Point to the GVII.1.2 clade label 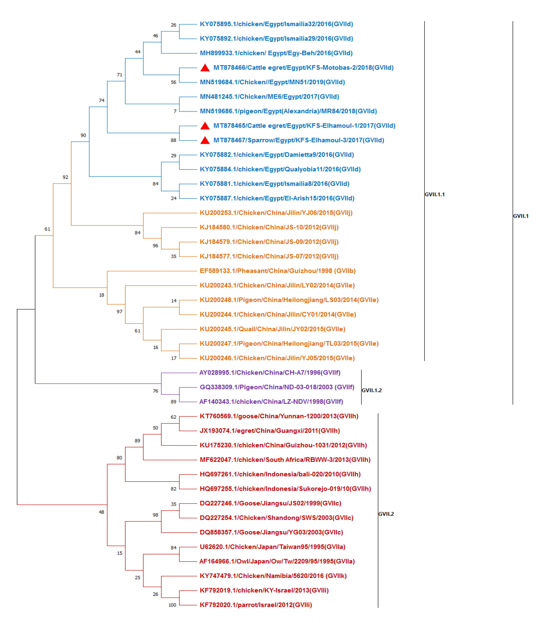tap(372, 390)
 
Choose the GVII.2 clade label tap(386, 514)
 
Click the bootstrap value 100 tap(172, 605)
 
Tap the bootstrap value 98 tap(155, 515)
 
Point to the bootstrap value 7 tap(175, 111)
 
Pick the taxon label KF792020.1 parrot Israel tap(256, 605)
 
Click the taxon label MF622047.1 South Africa tap(285, 460)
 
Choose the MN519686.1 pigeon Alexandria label tap(288, 111)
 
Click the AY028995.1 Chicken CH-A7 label tap(270, 373)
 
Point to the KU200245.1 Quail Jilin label tap(272, 329)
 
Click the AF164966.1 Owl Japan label tap(277, 561)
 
